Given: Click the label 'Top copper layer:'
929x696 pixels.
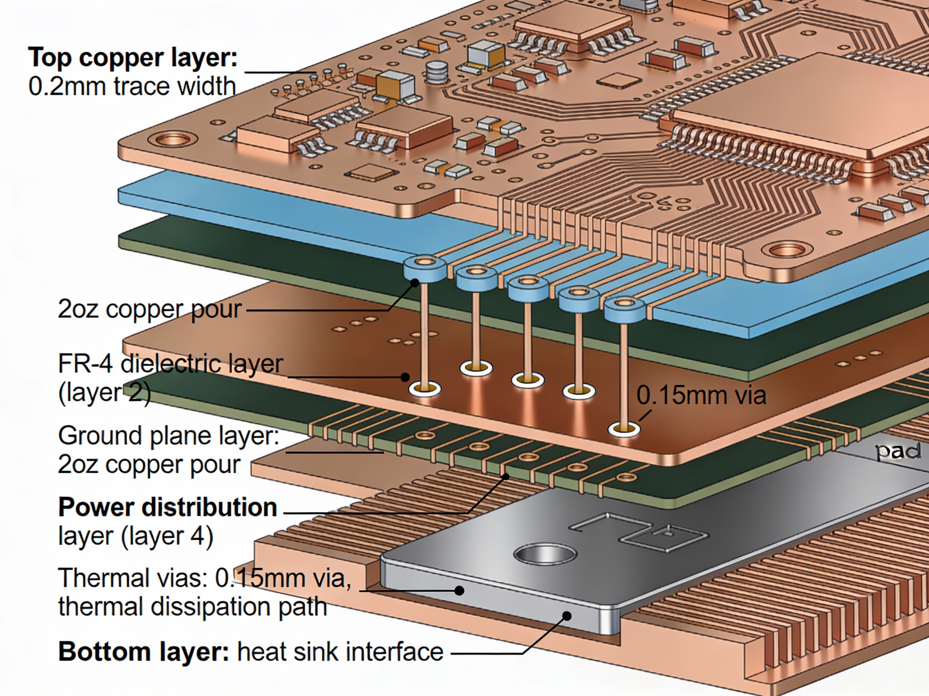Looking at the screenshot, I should (133, 58).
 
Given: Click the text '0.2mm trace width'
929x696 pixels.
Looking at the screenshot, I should (132, 87).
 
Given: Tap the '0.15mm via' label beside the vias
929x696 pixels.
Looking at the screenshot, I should (701, 395).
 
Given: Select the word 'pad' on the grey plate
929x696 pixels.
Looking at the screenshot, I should (898, 452).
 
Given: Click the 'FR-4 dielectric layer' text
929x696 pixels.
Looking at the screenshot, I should (170, 363).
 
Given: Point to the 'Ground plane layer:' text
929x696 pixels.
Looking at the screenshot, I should (169, 435).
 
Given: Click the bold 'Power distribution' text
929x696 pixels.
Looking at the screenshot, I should (168, 507).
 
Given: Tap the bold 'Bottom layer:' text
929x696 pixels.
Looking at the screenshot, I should (143, 652).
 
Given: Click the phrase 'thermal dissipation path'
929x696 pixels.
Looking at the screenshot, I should (192, 606).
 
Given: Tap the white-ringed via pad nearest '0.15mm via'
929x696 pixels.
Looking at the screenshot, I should (624, 429).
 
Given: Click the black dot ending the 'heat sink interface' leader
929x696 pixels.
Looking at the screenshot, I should (567, 616).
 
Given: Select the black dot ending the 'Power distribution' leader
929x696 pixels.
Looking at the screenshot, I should (506, 476).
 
